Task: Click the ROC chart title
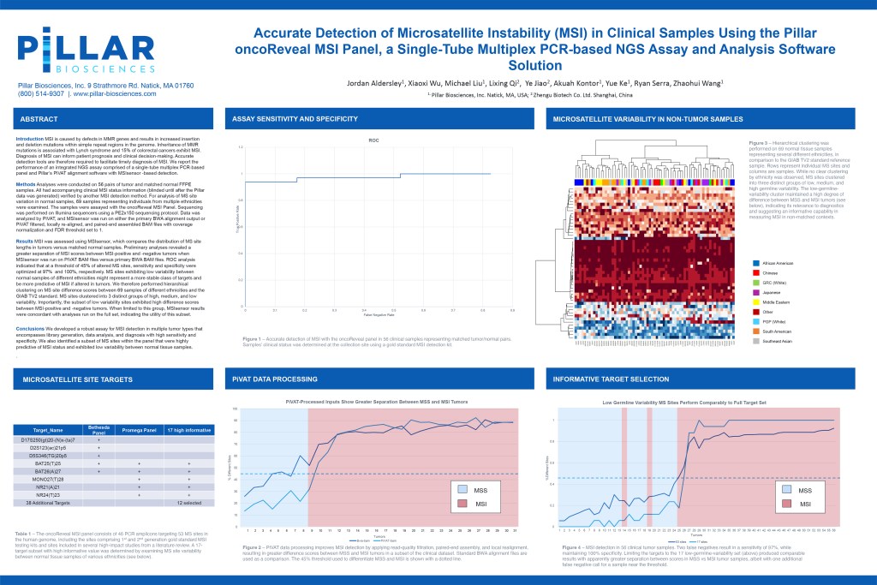coord(373,139)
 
